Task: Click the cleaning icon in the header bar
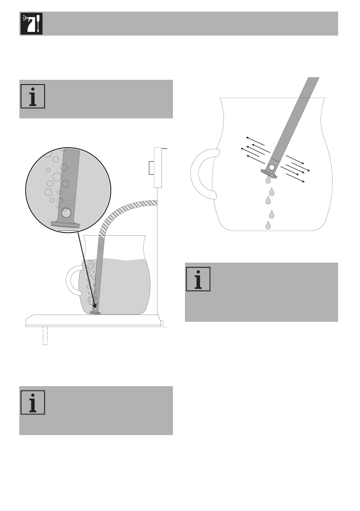(31, 24)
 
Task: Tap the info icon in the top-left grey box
(32, 96)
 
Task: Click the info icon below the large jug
(198, 279)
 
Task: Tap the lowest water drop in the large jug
(269, 225)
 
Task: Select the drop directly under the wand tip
(268, 180)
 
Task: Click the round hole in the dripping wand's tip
(271, 167)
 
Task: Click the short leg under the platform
(44, 337)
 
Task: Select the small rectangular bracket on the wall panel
(151, 168)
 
